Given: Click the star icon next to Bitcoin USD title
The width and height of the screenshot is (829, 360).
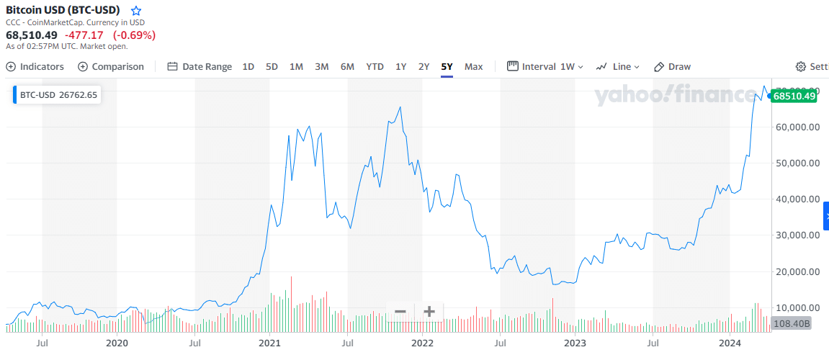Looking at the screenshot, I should coord(136,11).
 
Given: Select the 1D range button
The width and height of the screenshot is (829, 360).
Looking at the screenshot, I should coord(248,66).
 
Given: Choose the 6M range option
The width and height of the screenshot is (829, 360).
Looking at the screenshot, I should coord(347,66).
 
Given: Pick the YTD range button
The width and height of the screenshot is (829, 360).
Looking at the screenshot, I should coord(375,66).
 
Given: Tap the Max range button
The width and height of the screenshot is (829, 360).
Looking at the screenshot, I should coord(473,66).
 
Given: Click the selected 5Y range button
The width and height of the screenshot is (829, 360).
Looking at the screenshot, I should coord(447,66).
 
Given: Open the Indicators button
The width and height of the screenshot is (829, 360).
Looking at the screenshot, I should coord(35,66).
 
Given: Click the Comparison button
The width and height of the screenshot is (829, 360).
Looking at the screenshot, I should coord(111,66).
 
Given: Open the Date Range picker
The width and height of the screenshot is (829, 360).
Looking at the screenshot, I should coord(200,66).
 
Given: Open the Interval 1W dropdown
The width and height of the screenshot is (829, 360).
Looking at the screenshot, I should coord(545,66).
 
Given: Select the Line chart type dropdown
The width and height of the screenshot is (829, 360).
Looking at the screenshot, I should coord(618,66).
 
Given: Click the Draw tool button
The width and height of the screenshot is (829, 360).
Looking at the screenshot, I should coord(672,66).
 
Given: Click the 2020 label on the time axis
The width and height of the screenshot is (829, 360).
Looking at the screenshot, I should coord(117,342).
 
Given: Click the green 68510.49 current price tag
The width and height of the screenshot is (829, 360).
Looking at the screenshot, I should coord(794,96).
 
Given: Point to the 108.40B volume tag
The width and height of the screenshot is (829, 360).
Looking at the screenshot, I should coord(792,324).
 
